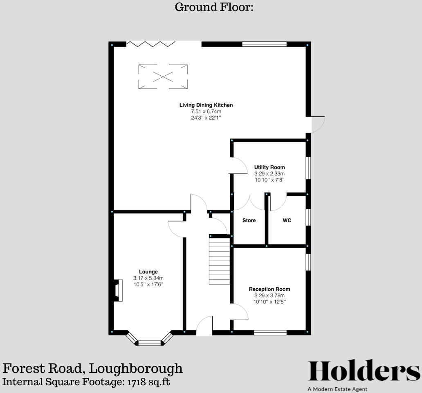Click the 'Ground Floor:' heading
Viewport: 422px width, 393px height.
[x=214, y=7]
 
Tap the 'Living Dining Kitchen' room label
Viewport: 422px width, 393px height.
[x=206, y=105]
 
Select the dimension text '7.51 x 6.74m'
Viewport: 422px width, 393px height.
[x=206, y=111]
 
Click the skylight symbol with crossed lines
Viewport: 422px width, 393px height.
[x=163, y=76]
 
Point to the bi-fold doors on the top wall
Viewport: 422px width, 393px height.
[x=151, y=44]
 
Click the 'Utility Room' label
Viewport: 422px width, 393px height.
[x=269, y=167]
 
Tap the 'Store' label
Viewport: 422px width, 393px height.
[x=249, y=221]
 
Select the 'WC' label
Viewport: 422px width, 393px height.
[x=287, y=221]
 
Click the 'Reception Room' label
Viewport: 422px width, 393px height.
[x=269, y=289]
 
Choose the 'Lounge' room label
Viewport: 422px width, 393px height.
[x=148, y=272]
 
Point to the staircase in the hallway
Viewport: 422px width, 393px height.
[x=220, y=261]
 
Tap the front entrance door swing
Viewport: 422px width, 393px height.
[x=204, y=326]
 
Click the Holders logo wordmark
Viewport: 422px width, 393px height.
[x=364, y=371]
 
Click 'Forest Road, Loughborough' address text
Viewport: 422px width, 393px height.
[x=93, y=368]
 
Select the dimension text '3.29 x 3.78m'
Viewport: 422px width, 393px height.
[x=269, y=296]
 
